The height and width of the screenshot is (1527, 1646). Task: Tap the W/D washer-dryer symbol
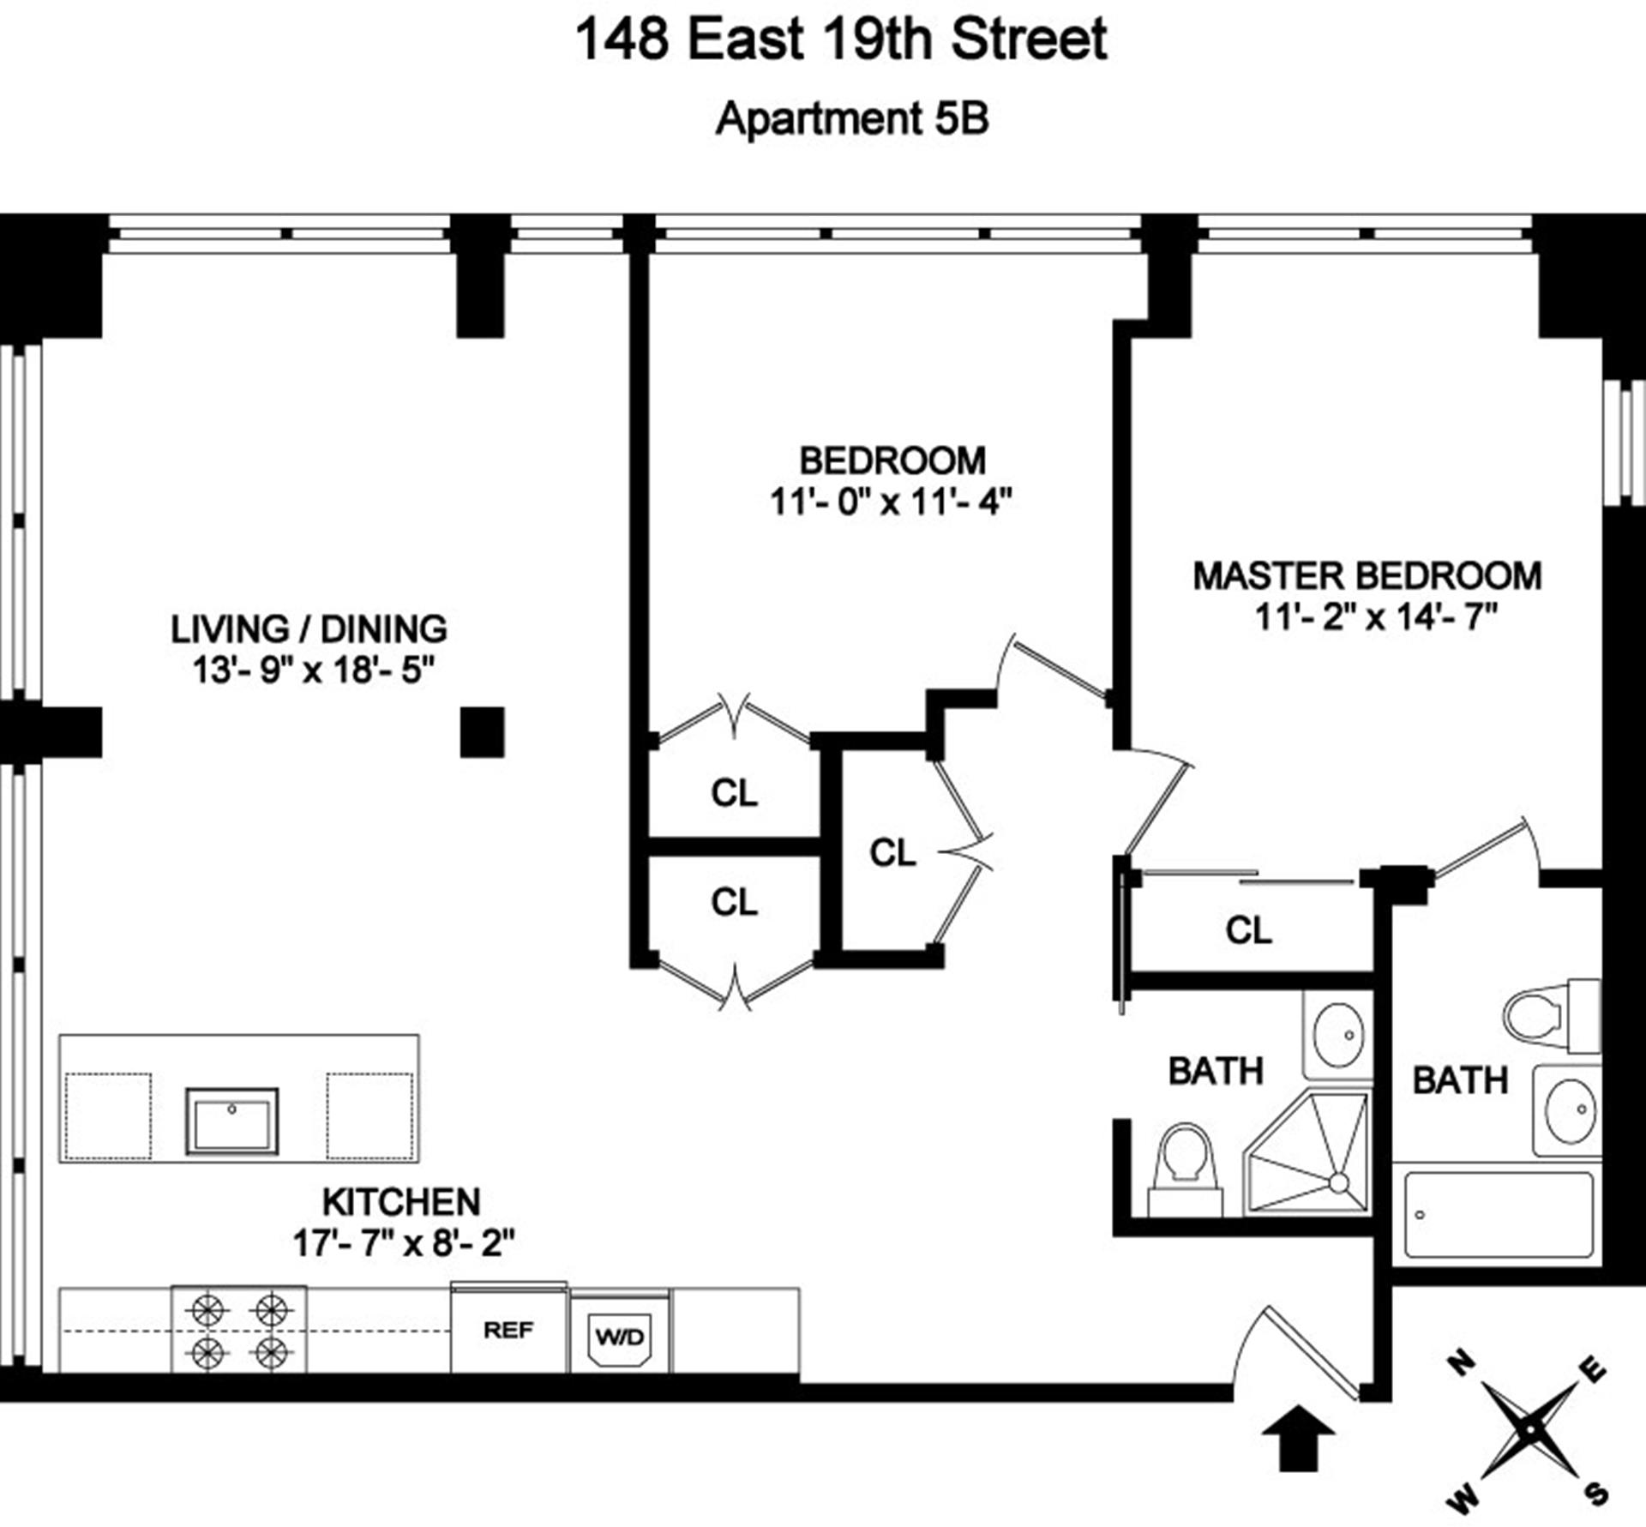click(x=620, y=1337)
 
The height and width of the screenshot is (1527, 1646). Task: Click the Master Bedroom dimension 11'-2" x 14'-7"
click(x=1375, y=616)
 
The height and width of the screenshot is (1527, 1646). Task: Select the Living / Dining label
click(x=309, y=629)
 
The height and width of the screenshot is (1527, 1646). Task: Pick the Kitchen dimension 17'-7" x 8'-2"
click(x=403, y=1242)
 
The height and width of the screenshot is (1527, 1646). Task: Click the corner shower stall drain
click(x=1337, y=1184)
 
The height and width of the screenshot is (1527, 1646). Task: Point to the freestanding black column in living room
click(x=482, y=731)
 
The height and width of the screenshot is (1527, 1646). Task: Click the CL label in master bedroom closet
click(x=1248, y=930)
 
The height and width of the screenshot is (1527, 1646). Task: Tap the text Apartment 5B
click(x=852, y=119)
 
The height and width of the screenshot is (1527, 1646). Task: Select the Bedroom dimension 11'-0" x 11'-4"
click(x=891, y=502)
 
